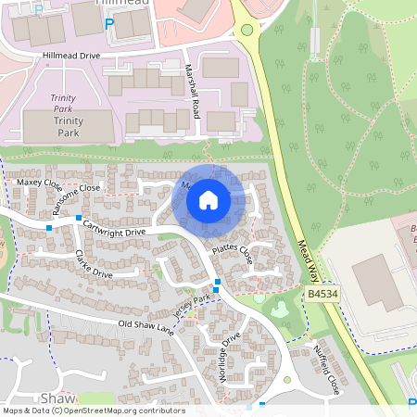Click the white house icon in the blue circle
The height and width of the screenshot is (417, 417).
tap(208, 200)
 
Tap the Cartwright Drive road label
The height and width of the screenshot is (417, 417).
tap(114, 228)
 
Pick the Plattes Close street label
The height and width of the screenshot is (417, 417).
tap(232, 252)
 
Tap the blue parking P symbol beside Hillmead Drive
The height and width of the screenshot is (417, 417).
tap(110, 23)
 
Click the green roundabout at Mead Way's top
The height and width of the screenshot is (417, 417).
tap(246, 30)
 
